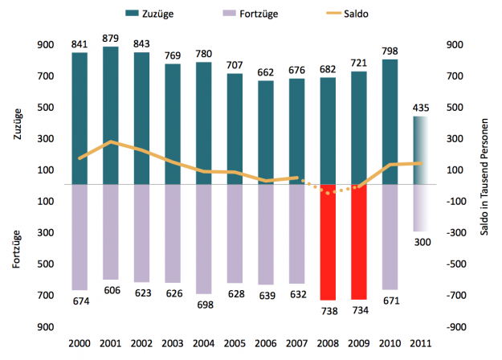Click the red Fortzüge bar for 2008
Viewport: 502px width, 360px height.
pyautogui.click(x=328, y=241)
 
